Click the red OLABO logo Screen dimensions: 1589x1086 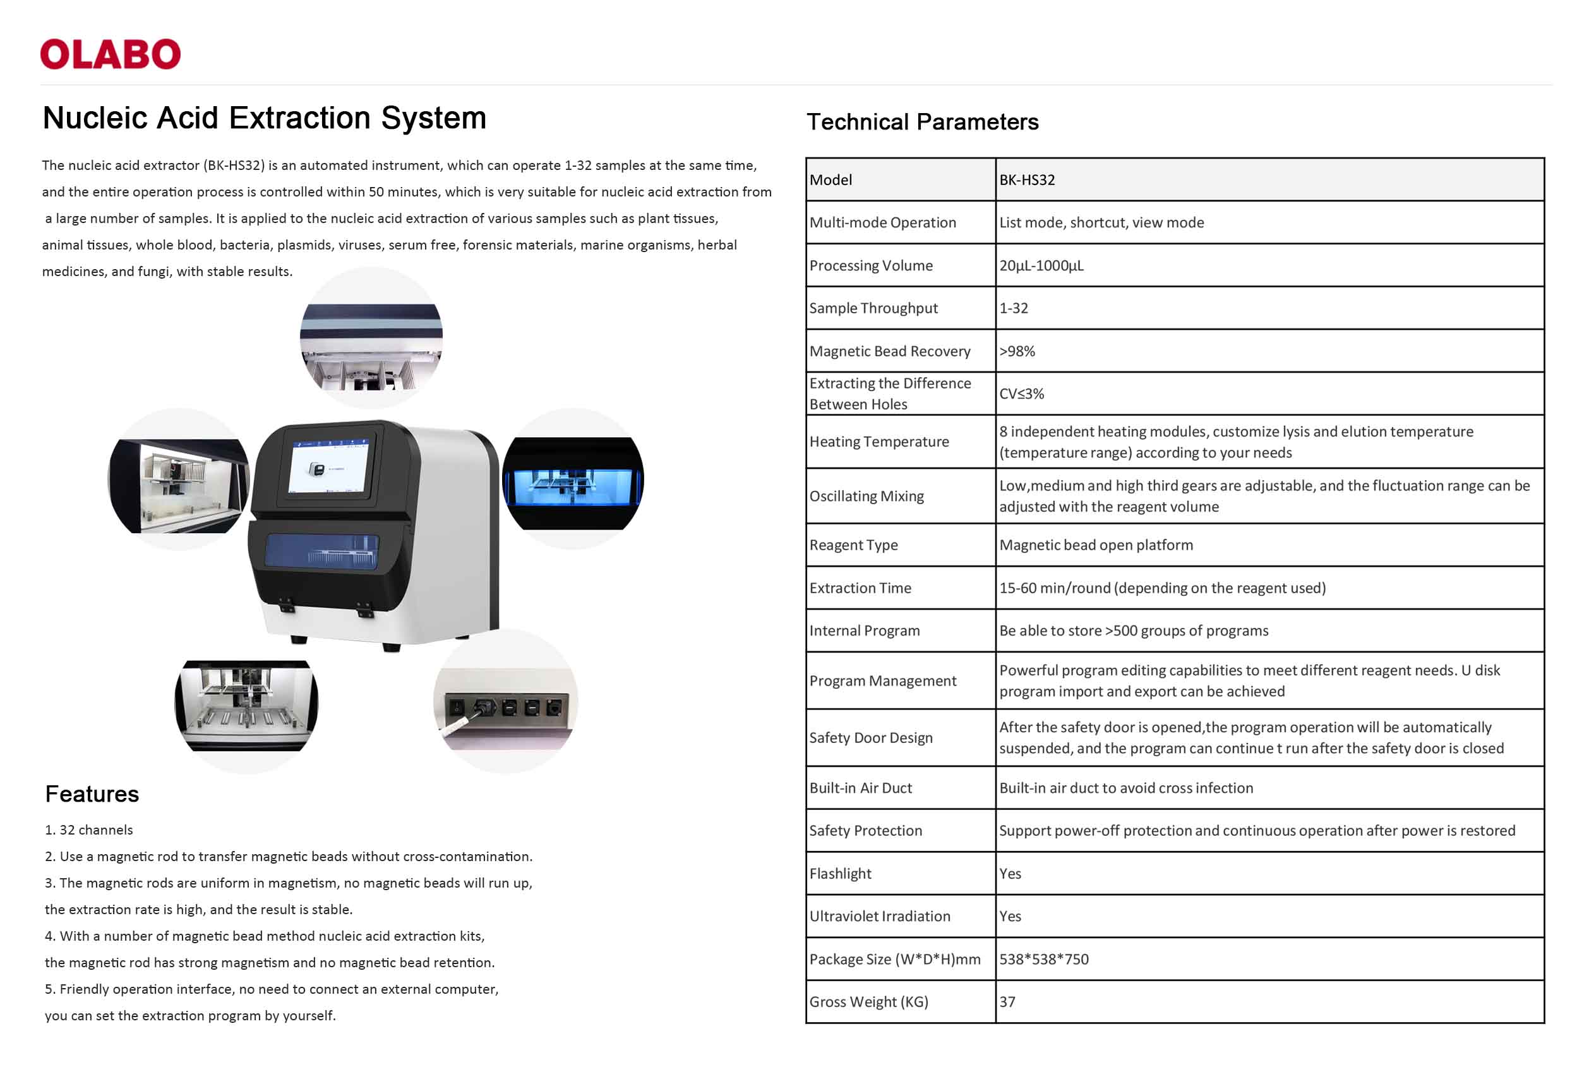[x=110, y=54]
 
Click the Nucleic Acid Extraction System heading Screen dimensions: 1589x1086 [x=265, y=118]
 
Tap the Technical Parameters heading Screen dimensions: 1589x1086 [x=922, y=122]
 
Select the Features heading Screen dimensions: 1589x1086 [x=92, y=794]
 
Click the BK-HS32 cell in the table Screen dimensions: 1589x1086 [x=1027, y=180]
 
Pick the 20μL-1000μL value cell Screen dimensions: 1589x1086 [x=1041, y=265]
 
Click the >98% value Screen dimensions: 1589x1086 [x=1017, y=351]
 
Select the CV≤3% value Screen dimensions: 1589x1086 [x=1021, y=394]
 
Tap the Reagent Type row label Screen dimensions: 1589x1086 [x=853, y=545]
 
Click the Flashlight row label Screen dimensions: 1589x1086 [x=841, y=873]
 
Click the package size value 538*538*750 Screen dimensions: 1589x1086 [x=1044, y=959]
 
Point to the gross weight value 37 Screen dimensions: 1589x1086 [x=1007, y=1002]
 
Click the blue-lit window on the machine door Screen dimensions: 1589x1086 [x=321, y=550]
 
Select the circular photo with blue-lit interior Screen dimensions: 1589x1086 [x=573, y=480]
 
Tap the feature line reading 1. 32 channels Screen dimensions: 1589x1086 [x=89, y=830]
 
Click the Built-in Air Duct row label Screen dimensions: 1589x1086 [x=860, y=788]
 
